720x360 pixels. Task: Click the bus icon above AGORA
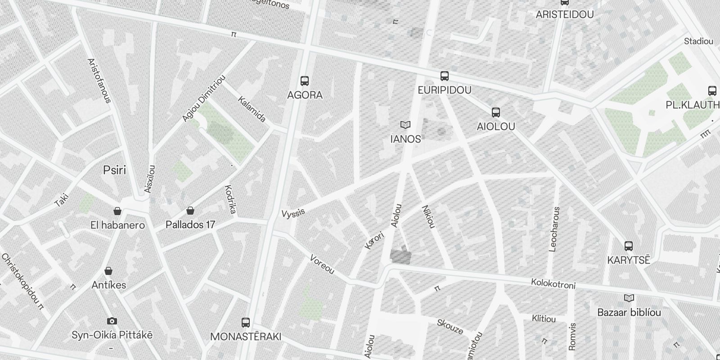(x=305, y=81)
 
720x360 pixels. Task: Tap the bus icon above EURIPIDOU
(x=445, y=76)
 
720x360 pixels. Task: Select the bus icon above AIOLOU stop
(x=496, y=112)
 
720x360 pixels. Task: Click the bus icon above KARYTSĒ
(x=629, y=246)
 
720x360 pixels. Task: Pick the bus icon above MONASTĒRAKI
(x=246, y=323)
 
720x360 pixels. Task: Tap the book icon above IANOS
(x=405, y=125)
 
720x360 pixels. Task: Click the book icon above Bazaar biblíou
(x=629, y=298)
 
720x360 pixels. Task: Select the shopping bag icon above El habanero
(x=117, y=211)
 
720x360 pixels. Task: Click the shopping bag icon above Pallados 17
(x=190, y=211)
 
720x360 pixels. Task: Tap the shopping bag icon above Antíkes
(x=108, y=271)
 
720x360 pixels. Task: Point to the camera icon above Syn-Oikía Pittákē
(x=112, y=321)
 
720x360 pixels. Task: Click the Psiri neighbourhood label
(x=114, y=170)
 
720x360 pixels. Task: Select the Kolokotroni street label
(x=553, y=284)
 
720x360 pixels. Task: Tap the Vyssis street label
(x=293, y=212)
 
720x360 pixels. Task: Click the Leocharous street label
(x=555, y=229)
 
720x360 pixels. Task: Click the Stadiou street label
(x=698, y=41)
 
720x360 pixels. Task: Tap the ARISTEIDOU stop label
(x=564, y=14)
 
